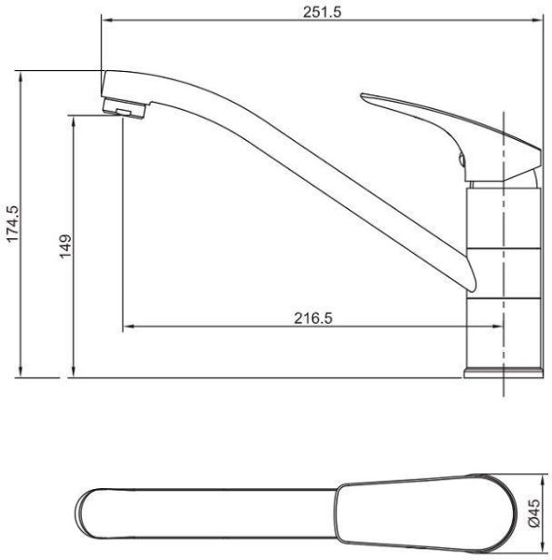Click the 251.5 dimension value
pos(323,12)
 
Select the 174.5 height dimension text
pos(12,224)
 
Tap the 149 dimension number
pos(65,246)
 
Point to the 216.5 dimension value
pos(313,318)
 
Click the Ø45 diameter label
pos(534,513)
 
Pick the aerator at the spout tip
pos(124,108)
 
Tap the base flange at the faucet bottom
pos(504,372)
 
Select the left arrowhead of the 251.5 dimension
pos(107,21)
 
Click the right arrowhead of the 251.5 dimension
pos(537,21)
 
